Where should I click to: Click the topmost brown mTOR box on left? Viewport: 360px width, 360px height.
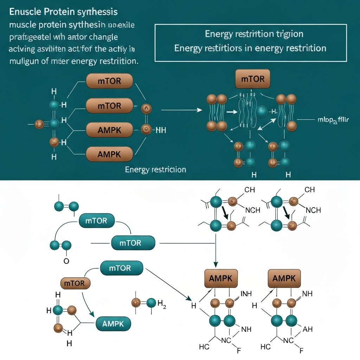pyautogui.click(x=109, y=81)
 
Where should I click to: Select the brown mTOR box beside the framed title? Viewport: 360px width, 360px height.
pyautogui.click(x=253, y=79)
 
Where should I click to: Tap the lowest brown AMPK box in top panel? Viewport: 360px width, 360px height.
pyautogui.click(x=109, y=154)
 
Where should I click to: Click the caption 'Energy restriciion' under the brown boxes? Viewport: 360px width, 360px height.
pyautogui.click(x=155, y=169)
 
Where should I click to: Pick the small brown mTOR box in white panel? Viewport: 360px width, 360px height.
pyautogui.click(x=76, y=283)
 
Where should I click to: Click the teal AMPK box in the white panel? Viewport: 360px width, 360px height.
pyautogui.click(x=113, y=324)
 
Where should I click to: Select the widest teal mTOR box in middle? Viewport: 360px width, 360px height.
pyautogui.click(x=133, y=243)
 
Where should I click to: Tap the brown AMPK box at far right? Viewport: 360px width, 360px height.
pyautogui.click(x=284, y=278)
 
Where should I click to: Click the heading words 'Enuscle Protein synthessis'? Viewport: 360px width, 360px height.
pyautogui.click(x=63, y=12)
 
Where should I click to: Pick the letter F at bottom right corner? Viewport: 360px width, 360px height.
pyautogui.click(x=301, y=350)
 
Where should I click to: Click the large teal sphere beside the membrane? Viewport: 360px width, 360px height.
pyautogui.click(x=262, y=111)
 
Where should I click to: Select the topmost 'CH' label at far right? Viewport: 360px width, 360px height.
pyautogui.click(x=309, y=190)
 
